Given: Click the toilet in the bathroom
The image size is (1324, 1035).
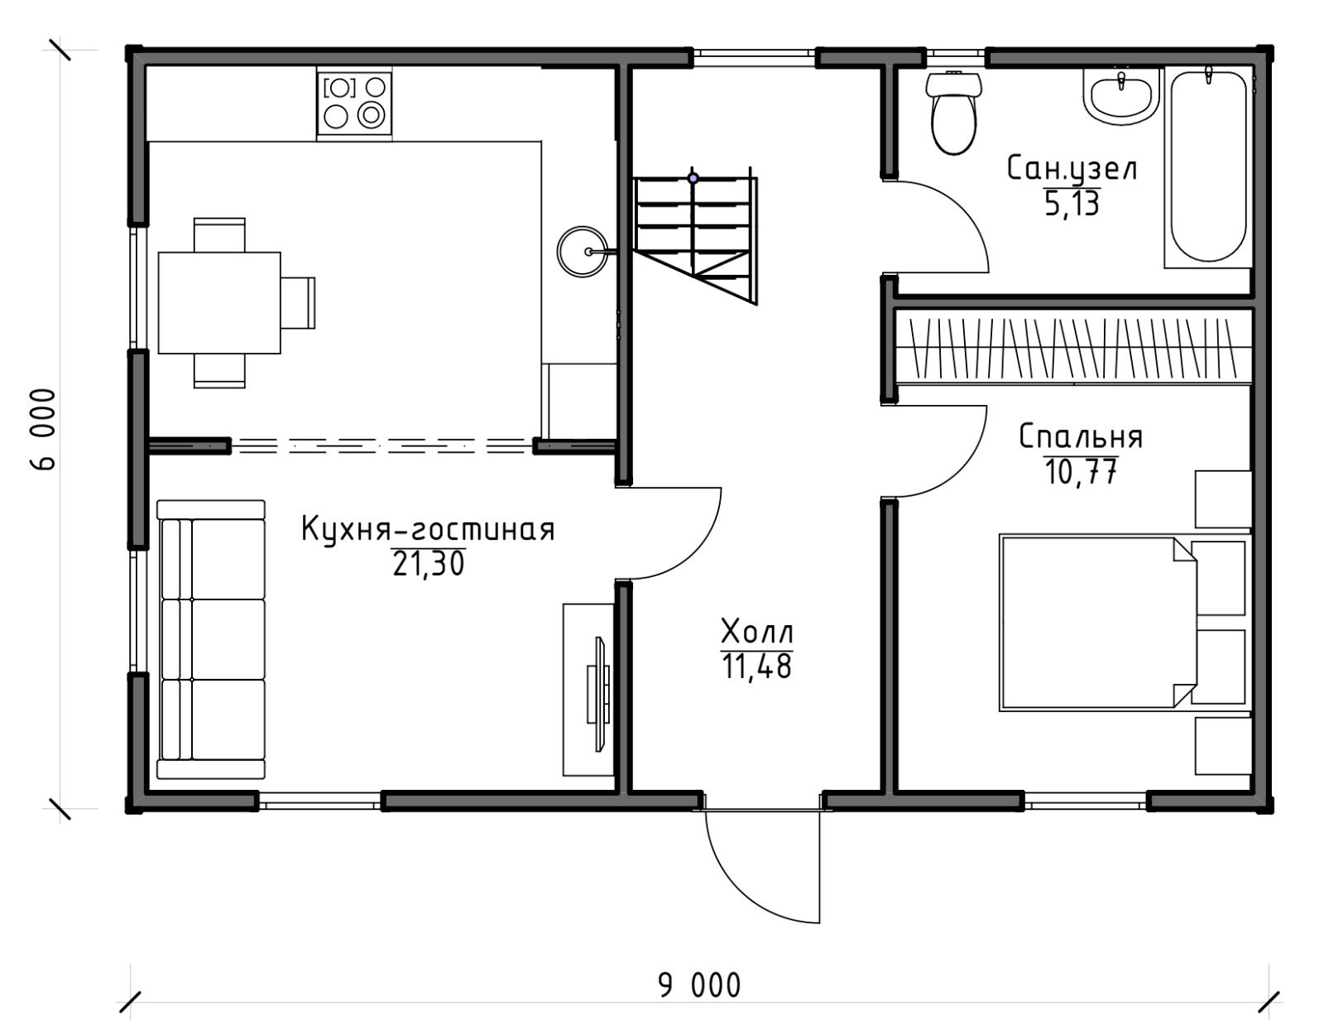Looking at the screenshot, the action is click(953, 113).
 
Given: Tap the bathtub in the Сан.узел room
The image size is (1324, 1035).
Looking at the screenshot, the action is click(1208, 168).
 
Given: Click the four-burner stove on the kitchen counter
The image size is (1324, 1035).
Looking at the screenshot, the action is click(354, 102).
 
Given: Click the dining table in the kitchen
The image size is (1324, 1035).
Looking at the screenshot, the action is click(219, 302).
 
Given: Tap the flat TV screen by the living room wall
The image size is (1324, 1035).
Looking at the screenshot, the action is click(599, 695).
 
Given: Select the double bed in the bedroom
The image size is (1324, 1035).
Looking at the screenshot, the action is click(1097, 623).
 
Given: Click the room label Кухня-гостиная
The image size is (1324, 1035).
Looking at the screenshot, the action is click(429, 530).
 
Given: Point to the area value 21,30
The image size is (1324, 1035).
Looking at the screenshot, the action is click(429, 564).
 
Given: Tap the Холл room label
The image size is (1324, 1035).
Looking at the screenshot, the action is click(757, 632).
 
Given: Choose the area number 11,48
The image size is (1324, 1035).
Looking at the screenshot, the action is click(756, 667).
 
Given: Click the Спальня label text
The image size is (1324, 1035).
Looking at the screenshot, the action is click(1081, 437).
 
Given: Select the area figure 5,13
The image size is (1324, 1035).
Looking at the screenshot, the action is click(1072, 203).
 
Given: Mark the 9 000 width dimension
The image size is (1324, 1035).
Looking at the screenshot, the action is click(699, 985).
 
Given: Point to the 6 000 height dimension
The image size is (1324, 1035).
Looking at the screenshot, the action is click(43, 430).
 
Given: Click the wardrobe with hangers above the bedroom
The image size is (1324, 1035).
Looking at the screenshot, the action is click(1072, 348).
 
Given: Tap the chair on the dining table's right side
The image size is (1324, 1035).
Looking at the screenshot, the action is click(299, 303).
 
